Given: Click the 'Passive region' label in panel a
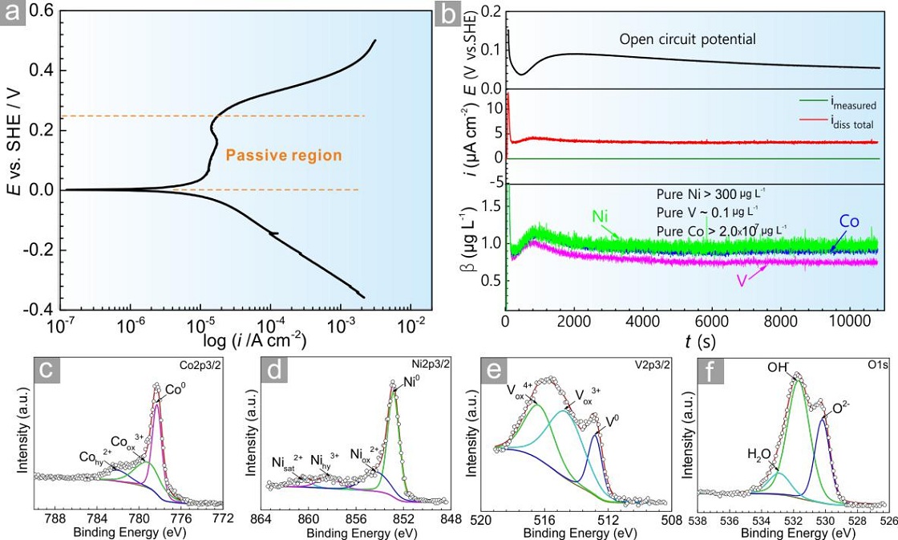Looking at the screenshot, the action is tap(284, 156).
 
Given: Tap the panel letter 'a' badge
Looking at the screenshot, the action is tap(13, 13).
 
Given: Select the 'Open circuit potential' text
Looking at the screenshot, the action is tap(687, 39).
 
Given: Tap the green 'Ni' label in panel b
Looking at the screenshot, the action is tap(600, 216).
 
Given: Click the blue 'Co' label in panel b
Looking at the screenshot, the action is tap(849, 221).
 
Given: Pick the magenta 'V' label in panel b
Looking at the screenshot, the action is tap(742, 282).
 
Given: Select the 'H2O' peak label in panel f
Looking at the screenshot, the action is tap(758, 455).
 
